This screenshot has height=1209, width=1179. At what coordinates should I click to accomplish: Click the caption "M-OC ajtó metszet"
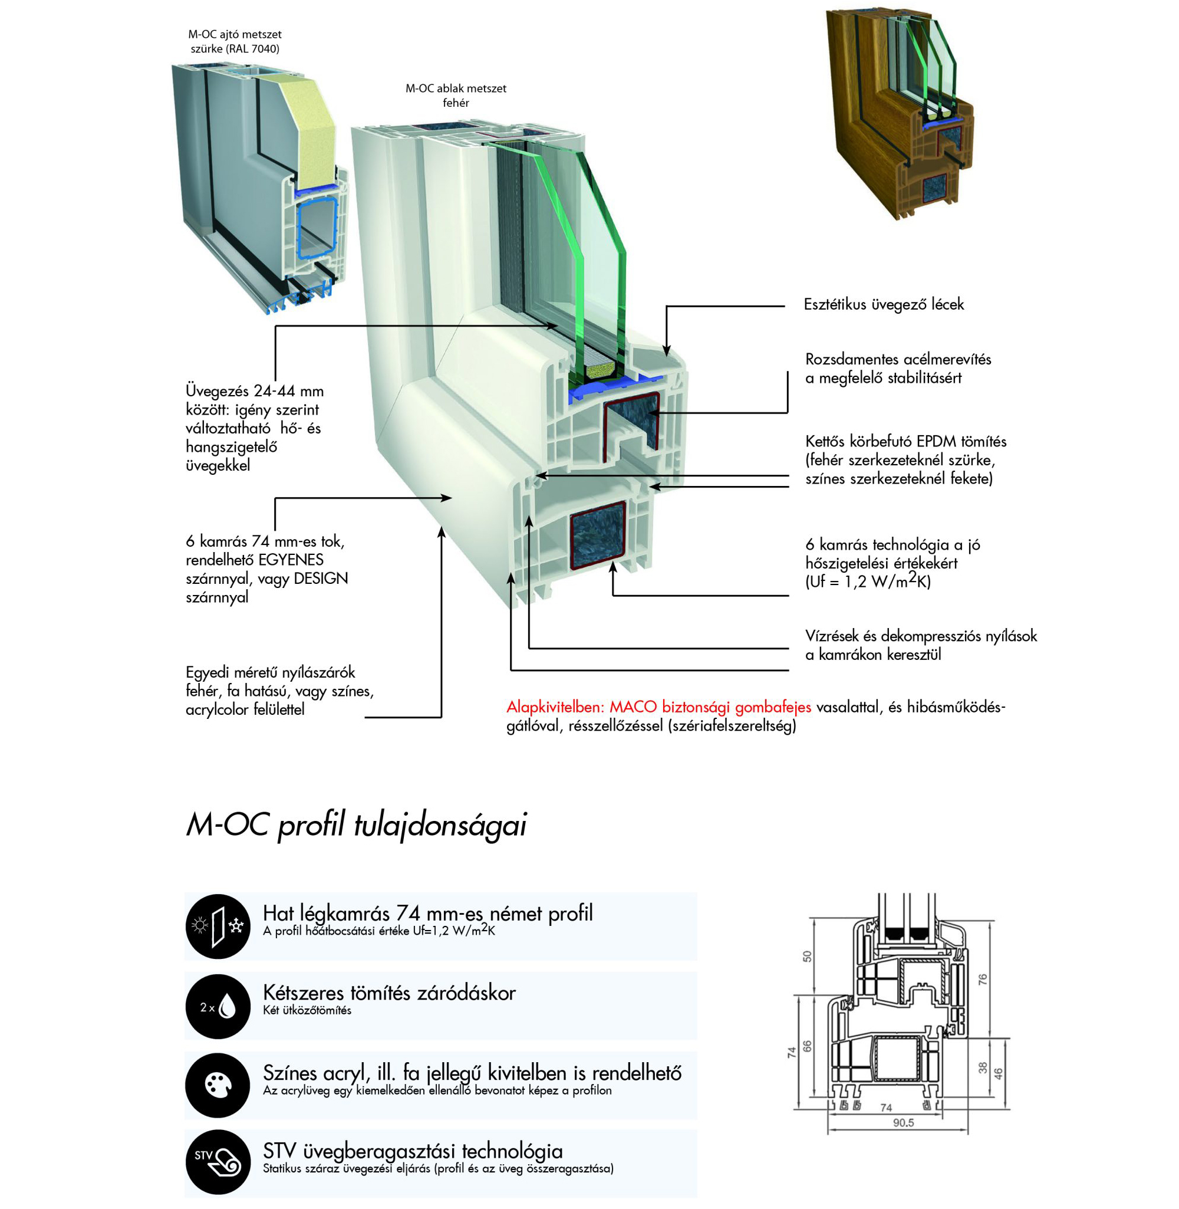(235, 35)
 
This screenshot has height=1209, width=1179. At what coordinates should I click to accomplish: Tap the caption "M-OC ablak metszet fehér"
(456, 96)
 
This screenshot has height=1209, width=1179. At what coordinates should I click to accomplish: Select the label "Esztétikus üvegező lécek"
(884, 304)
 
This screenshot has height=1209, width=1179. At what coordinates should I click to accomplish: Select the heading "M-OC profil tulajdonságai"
(357, 825)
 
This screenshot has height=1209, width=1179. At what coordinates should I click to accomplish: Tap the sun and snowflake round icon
(218, 927)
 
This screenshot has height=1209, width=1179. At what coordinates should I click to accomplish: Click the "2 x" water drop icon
(218, 1007)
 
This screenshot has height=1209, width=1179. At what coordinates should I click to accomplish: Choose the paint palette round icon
(218, 1085)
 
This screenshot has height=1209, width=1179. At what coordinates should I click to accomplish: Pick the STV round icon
(218, 1162)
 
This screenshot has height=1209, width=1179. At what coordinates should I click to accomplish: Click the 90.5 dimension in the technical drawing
(904, 1122)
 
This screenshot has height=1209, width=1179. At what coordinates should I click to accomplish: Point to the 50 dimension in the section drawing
(807, 957)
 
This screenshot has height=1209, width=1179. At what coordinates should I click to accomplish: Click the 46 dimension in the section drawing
(998, 1074)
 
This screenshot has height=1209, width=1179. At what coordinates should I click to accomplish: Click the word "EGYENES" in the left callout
(291, 560)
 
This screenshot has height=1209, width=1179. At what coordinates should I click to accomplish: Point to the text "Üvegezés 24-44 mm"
(255, 392)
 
